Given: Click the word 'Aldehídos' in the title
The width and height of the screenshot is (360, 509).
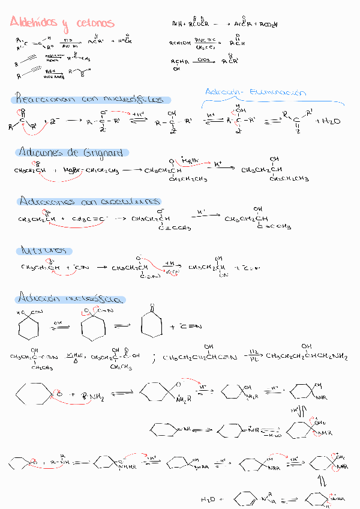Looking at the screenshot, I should [34, 23].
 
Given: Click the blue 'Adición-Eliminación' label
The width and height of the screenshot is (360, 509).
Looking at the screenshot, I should [255, 92].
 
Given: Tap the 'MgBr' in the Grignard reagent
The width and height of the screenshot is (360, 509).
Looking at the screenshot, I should [71, 170].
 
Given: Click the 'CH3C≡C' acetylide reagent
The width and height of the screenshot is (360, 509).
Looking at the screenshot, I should [88, 220].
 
